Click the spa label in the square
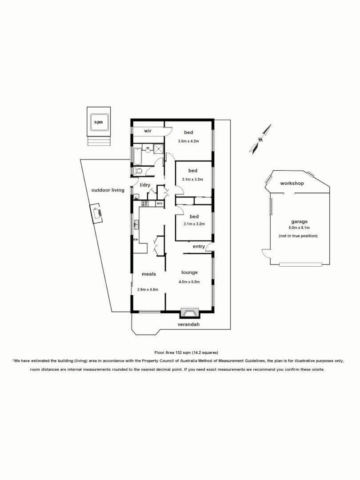pyautogui.click(x=98, y=121)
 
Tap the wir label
pyautogui.click(x=148, y=132)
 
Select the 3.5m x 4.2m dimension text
pyautogui.click(x=188, y=141)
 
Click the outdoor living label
pyautogui.click(x=108, y=190)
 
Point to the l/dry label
pyautogui.click(x=145, y=185)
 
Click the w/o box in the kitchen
pyautogui.click(x=159, y=204)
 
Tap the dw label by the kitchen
pyautogui.click(x=136, y=240)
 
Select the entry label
pyautogui.click(x=199, y=247)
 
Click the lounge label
pyautogui.click(x=189, y=272)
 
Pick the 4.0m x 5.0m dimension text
pyautogui.click(x=189, y=282)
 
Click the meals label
pyautogui.click(x=149, y=274)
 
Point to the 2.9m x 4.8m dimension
pyautogui.click(x=148, y=289)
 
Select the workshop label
pyautogui.click(x=292, y=184)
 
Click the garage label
pyautogui.click(x=300, y=222)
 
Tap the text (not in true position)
pyautogui.click(x=298, y=236)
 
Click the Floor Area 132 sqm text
pyautogui.click(x=186, y=352)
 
